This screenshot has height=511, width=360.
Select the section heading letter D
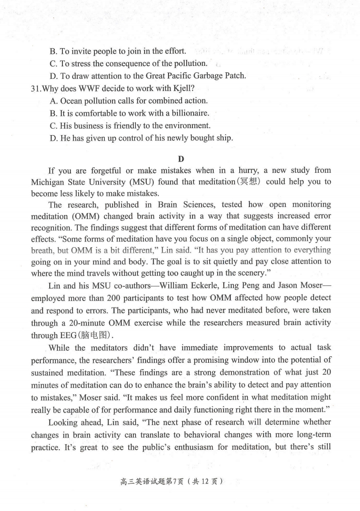[x=181, y=159]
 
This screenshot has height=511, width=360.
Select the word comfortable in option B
[x=99, y=113]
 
